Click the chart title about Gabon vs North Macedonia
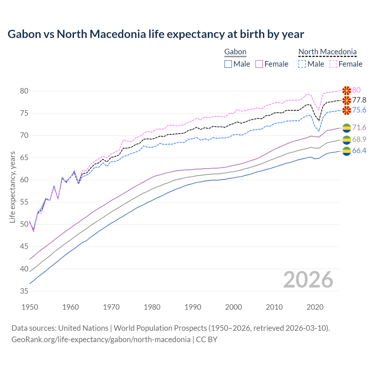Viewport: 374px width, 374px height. (x=156, y=34)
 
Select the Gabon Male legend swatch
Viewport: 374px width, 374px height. (x=228, y=64)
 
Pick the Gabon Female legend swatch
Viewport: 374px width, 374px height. (x=259, y=64)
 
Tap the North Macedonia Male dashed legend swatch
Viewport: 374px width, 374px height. (x=302, y=64)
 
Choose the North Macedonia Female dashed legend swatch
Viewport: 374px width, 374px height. (x=333, y=64)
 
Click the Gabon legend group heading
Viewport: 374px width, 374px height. (x=235, y=52)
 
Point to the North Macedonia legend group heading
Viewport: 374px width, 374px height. (x=327, y=52)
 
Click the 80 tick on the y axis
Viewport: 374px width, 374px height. (x=24, y=91)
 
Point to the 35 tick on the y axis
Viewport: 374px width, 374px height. (x=24, y=291)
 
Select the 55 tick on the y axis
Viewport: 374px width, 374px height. (x=24, y=202)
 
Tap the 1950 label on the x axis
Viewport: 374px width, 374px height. (x=30, y=307)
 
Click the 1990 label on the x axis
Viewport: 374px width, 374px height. (x=193, y=307)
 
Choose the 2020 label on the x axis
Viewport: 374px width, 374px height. (x=315, y=307)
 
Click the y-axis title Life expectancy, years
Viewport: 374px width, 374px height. (x=12, y=187)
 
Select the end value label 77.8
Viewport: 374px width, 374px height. (x=359, y=100)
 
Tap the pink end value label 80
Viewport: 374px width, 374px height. (x=356, y=90)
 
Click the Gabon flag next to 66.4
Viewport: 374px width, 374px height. (x=347, y=151)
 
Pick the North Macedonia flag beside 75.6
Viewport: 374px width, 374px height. (x=347, y=110)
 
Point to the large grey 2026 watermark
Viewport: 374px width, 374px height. (x=308, y=280)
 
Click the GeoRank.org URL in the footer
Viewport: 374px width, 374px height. (x=101, y=340)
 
